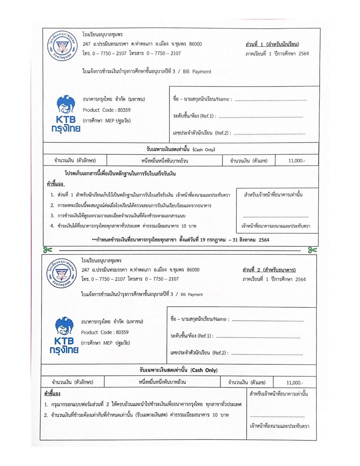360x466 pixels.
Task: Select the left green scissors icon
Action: (x=47, y=249)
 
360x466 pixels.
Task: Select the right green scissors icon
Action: (x=312, y=250)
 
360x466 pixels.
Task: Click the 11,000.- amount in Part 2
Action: (x=295, y=382)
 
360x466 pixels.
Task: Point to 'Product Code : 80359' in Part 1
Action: (x=106, y=110)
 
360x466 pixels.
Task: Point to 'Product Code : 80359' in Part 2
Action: (x=105, y=332)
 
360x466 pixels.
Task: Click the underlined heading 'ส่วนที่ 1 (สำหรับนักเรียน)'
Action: (x=272, y=44)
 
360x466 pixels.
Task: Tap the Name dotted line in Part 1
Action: (x=270, y=100)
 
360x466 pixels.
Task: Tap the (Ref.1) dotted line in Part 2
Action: (x=259, y=336)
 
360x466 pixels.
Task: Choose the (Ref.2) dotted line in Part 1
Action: (x=270, y=134)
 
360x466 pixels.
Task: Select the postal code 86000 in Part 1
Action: (x=195, y=44)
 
